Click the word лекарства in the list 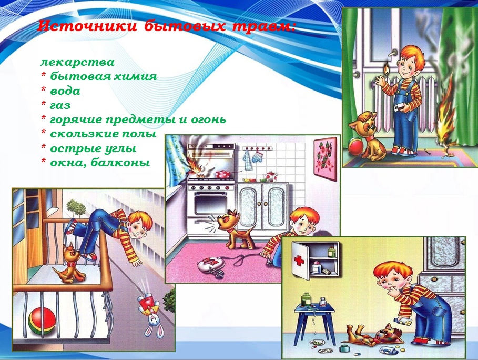[x=77, y=62]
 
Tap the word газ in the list [x=60, y=105]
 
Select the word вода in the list [x=65, y=91]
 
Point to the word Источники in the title [x=87, y=26]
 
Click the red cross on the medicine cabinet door [x=299, y=261]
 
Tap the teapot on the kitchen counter [x=270, y=176]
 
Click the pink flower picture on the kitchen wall [x=325, y=159]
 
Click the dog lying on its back [x=369, y=335]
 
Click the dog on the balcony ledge [x=70, y=263]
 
